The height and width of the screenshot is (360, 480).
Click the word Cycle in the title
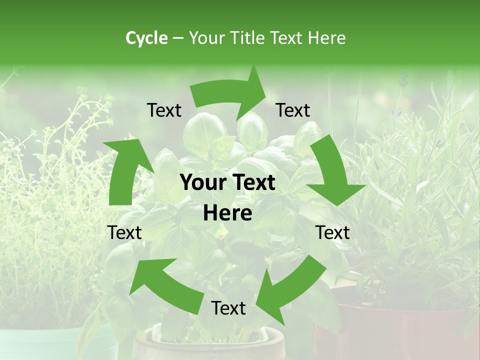tap(146, 38)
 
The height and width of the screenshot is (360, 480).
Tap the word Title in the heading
tap(248, 38)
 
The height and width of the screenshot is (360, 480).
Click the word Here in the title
tap(327, 38)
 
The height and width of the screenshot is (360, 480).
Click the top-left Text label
tap(164, 110)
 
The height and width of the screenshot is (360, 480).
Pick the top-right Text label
tap(293, 110)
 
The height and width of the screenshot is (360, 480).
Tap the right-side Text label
tap(332, 232)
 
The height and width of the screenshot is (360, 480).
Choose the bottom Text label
tap(228, 308)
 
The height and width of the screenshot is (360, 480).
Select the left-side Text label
tap(124, 232)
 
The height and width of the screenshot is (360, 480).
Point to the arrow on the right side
tap(332, 172)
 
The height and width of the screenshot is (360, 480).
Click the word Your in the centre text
tap(204, 183)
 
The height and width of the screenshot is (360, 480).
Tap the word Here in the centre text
tap(227, 213)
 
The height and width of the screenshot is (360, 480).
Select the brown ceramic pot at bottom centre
tap(210, 345)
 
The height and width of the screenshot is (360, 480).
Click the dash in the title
tap(178, 38)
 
